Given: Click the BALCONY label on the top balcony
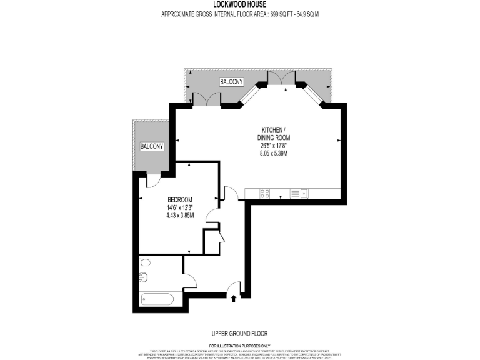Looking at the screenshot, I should click(231, 82).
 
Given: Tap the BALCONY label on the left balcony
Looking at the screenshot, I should click(151, 146).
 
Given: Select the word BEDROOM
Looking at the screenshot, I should click(180, 200).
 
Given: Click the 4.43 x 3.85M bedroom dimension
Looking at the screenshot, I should click(180, 216).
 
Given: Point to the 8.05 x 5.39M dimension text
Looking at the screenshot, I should click(274, 152).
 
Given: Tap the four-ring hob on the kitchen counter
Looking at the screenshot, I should click(265, 193).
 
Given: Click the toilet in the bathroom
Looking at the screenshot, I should click(144, 262).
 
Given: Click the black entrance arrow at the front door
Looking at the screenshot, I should click(234, 299).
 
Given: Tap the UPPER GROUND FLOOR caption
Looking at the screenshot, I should click(239, 334).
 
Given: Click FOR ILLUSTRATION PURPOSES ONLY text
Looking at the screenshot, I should click(239, 346).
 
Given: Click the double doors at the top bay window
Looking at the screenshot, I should click(281, 80).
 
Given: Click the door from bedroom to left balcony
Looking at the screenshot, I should click(153, 181).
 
